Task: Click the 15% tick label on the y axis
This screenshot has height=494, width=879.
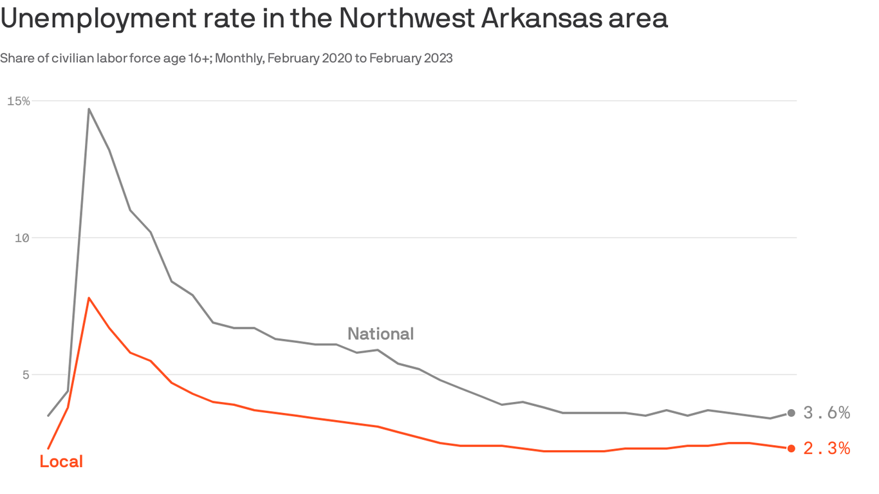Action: coord(19,101)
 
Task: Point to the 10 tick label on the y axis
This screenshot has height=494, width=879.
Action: coord(22,238)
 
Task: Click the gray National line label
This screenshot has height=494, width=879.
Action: coord(380,334)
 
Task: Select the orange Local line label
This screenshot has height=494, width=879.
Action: coord(61,461)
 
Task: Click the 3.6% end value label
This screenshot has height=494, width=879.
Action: coord(827,413)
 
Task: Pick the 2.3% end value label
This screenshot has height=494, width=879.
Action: coord(827,448)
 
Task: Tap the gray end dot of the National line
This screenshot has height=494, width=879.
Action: coord(791,413)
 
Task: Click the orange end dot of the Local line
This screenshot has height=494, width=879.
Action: coord(791,448)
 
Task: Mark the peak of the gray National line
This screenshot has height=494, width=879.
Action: coord(89,109)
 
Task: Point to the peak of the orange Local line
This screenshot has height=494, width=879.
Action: coord(89,298)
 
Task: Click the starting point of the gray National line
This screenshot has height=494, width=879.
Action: coord(48,416)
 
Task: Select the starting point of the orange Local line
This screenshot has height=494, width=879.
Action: coord(48,448)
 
